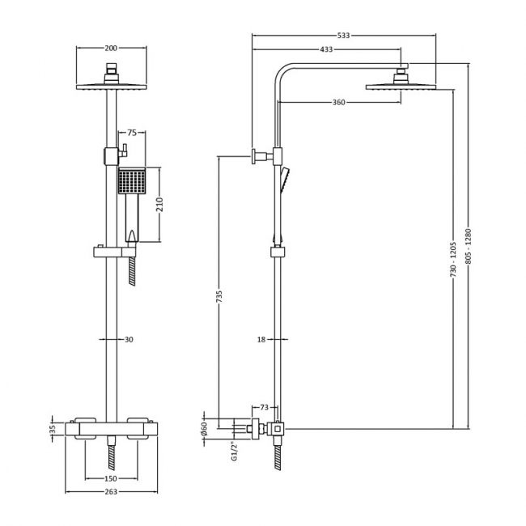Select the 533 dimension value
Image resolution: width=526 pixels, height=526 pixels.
(x=343, y=36)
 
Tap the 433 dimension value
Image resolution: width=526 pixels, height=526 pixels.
(x=326, y=50)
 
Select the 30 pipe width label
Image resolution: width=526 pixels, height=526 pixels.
(x=129, y=340)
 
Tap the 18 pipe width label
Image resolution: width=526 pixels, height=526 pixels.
(x=261, y=340)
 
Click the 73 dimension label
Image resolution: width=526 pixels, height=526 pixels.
(x=264, y=407)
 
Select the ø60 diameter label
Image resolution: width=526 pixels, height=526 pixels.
(x=205, y=427)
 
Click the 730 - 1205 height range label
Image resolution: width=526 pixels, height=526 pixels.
(x=454, y=259)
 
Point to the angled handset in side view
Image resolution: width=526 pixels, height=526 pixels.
(x=283, y=178)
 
